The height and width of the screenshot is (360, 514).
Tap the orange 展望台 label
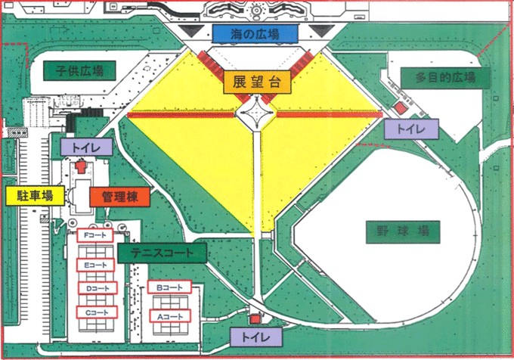tap(253, 82)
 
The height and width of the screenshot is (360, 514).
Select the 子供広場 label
tap(79, 71)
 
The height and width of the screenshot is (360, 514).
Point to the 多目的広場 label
tap(446, 78)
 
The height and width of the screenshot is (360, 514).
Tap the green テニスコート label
tap(163, 253)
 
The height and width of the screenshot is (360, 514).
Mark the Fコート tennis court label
tap(95, 237)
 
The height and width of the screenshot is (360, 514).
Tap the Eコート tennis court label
tap(95, 265)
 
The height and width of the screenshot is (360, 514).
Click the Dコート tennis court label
tap(95, 289)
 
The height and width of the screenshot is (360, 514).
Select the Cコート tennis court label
tap(95, 312)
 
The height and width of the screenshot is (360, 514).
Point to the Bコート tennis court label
tap(169, 289)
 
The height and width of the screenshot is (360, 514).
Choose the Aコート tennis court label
tap(169, 315)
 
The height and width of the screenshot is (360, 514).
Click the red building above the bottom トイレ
tap(255, 320)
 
